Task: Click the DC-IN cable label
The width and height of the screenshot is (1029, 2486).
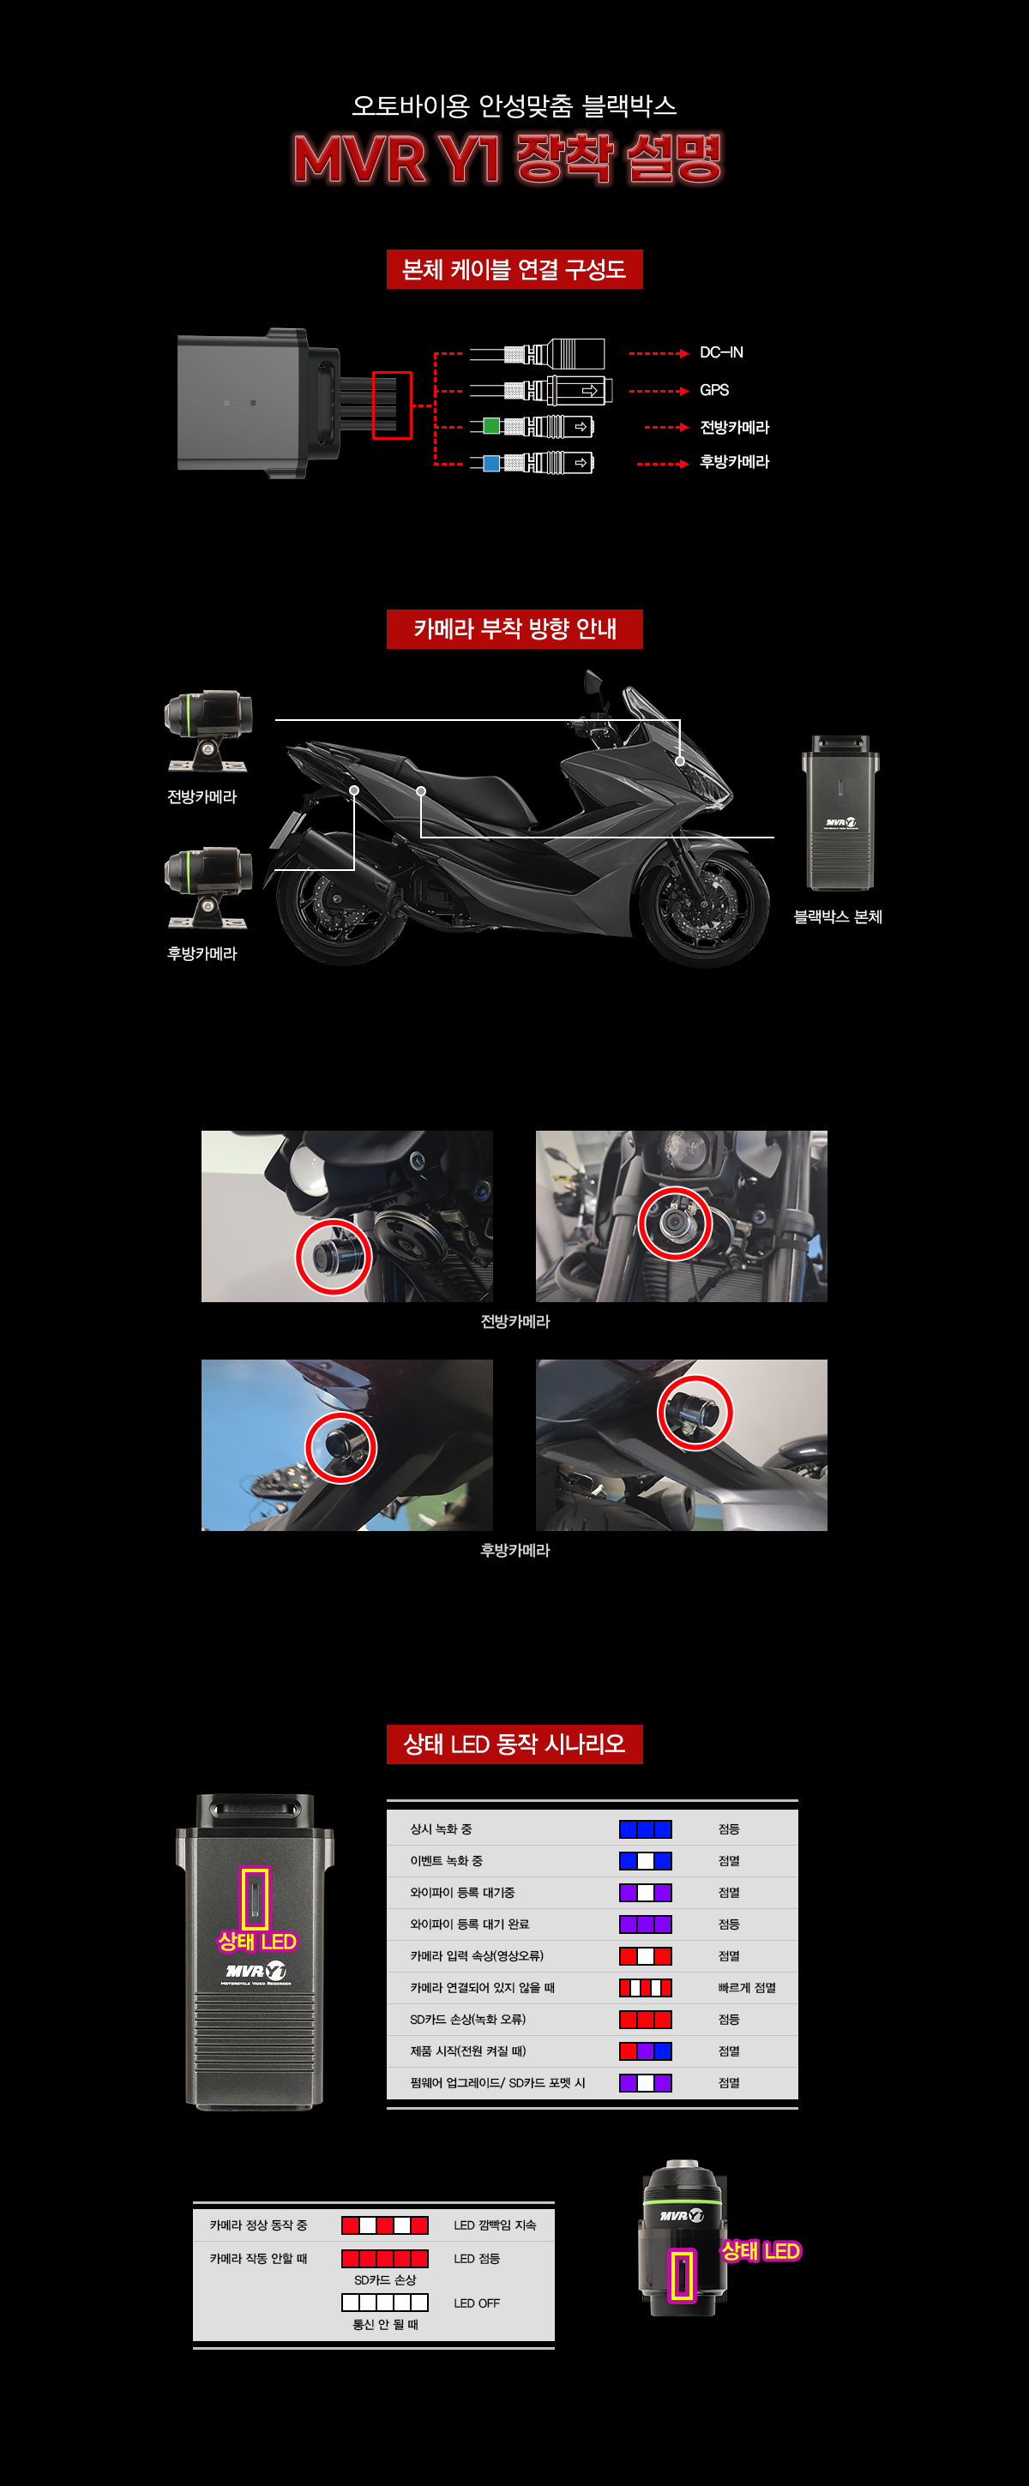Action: (721, 353)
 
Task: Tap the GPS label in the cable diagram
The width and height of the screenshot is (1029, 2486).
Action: (714, 391)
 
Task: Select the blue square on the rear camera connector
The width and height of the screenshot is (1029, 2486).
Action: (491, 463)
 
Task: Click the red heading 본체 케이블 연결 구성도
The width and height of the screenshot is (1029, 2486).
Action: (514, 269)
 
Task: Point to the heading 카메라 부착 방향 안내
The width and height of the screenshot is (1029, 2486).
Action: (514, 629)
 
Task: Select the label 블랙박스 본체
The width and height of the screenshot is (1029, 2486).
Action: (838, 916)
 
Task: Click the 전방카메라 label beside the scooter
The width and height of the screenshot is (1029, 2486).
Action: (202, 797)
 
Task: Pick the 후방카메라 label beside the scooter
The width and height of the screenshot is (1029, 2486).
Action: (202, 953)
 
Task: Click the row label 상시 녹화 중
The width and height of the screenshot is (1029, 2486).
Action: (441, 1829)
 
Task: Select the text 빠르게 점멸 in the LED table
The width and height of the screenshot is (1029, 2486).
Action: (747, 1988)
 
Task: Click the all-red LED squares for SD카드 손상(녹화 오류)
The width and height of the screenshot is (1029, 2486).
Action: (646, 2020)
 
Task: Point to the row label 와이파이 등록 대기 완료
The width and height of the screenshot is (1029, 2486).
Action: (470, 1925)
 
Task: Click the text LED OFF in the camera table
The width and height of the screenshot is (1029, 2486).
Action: (477, 2303)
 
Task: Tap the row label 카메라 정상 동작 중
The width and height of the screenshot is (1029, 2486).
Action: (259, 2225)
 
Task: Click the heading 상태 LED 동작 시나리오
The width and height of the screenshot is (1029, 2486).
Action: (514, 1744)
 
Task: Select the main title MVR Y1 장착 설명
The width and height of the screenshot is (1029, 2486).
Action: (508, 159)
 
